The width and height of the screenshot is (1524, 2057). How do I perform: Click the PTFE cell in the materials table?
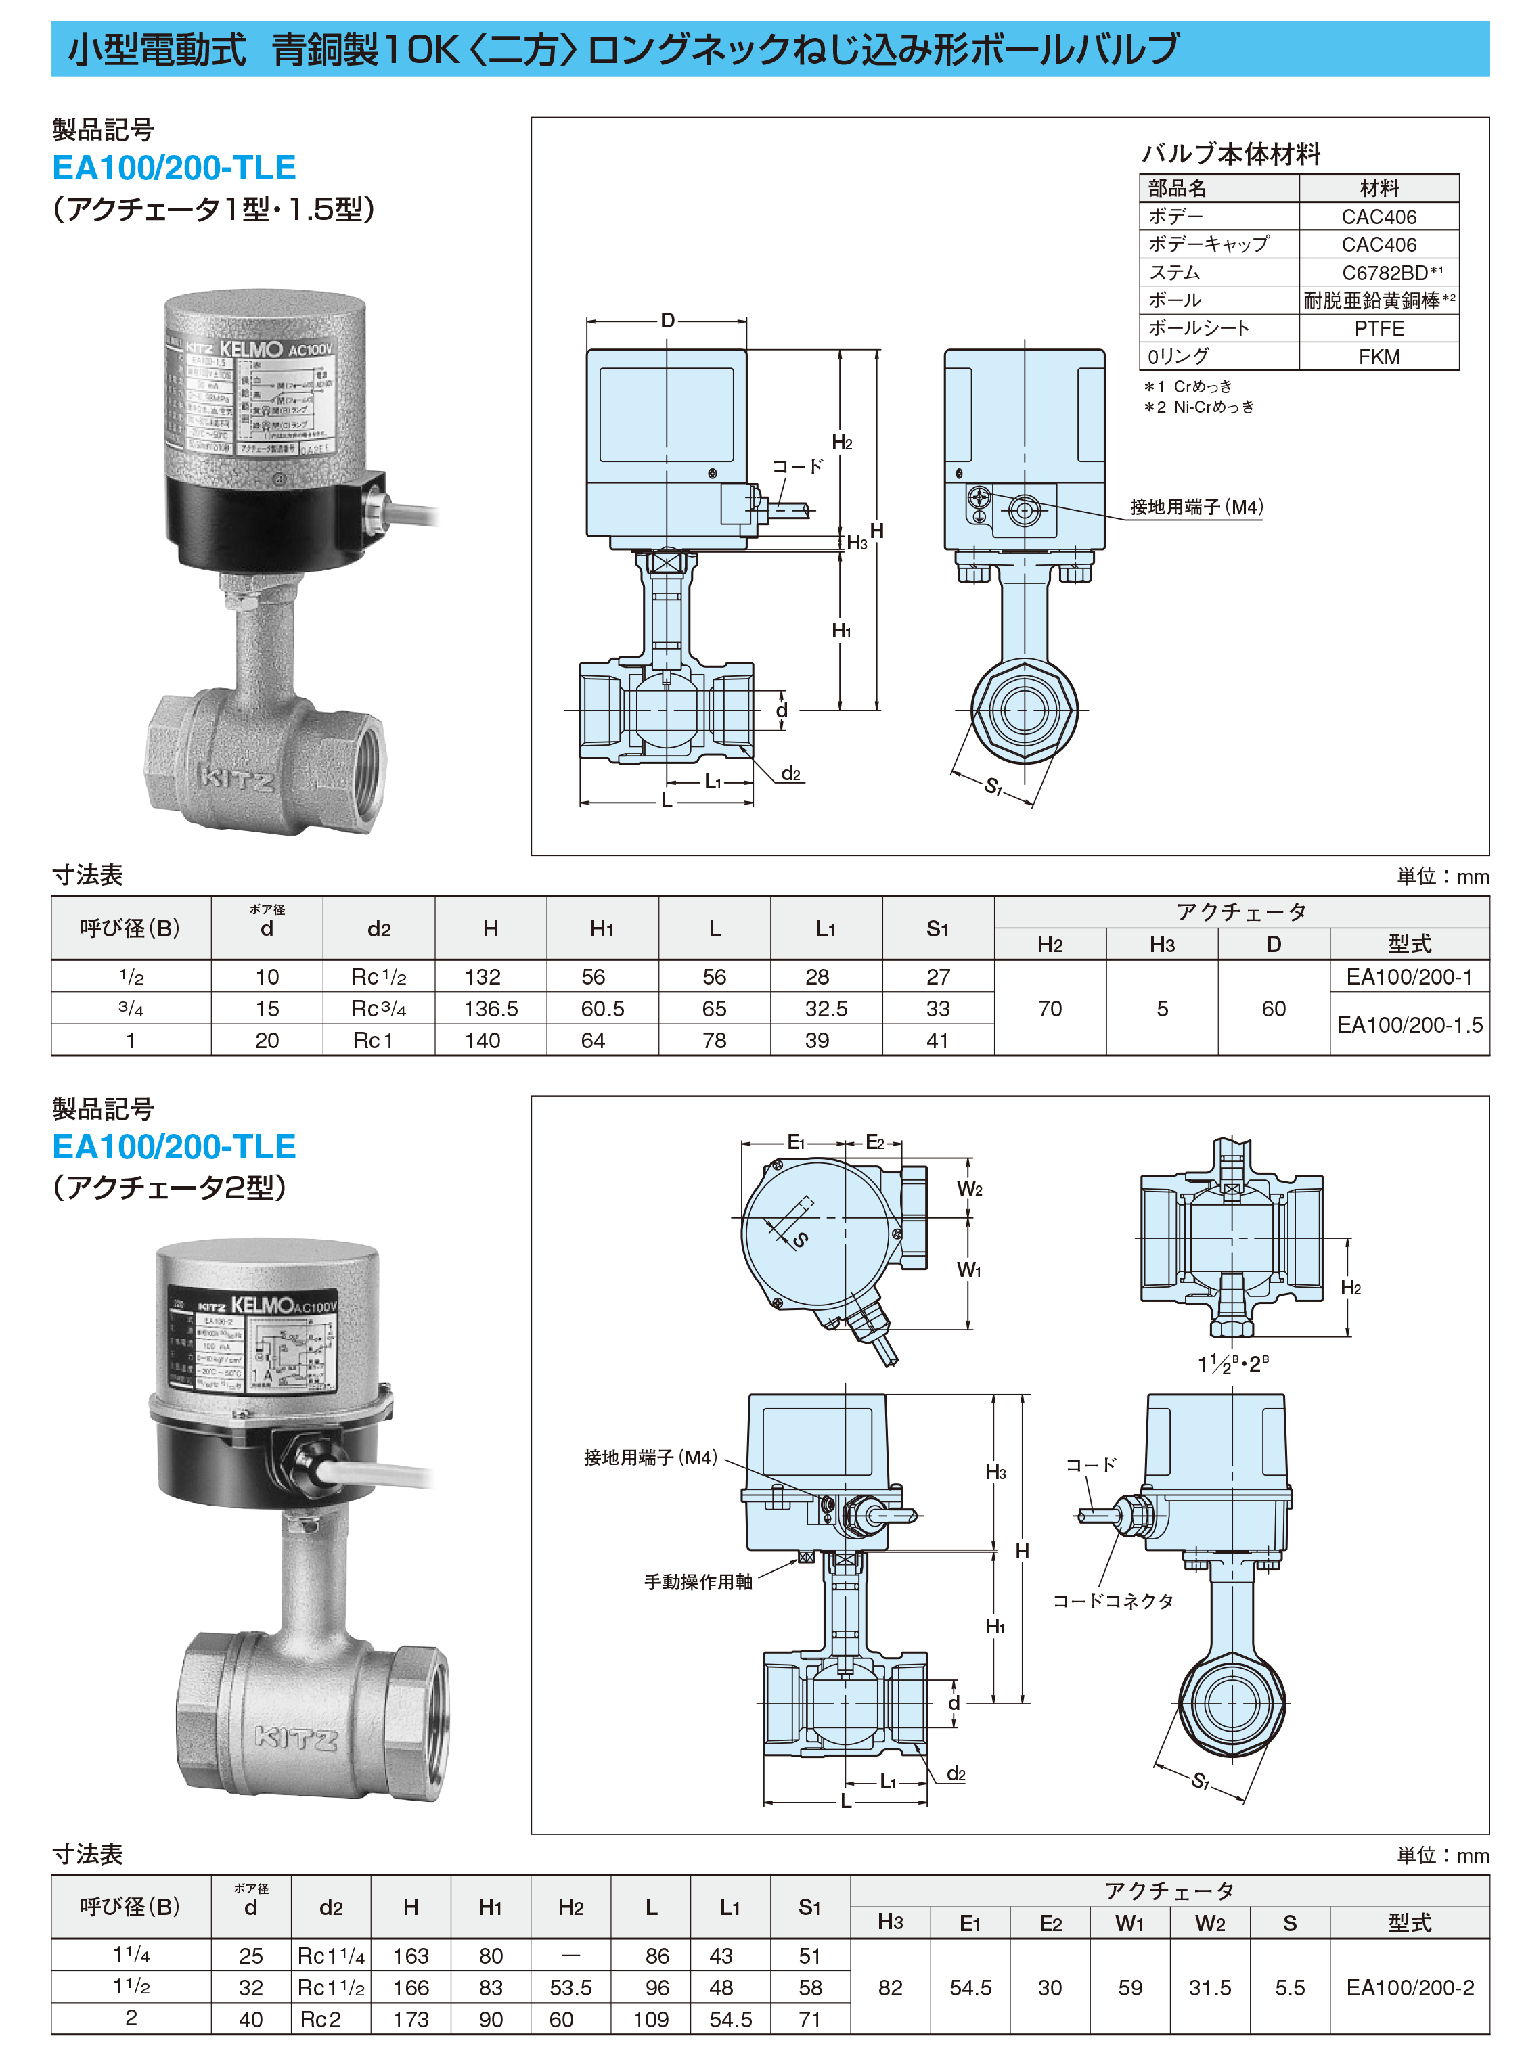point(1379,328)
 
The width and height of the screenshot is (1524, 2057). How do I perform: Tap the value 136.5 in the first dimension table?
point(491,1009)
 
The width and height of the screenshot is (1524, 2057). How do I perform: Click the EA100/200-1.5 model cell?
point(1410,1025)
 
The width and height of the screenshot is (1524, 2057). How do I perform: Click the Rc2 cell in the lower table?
point(320,2019)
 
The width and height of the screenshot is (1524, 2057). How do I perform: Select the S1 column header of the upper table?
point(937,929)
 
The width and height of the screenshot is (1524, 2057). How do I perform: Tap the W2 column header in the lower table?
point(1209,1923)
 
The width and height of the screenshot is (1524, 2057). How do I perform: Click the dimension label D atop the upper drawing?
point(667,320)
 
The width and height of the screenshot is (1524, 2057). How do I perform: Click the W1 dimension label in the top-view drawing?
point(968,1270)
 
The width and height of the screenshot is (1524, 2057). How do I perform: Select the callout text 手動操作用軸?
point(698,1582)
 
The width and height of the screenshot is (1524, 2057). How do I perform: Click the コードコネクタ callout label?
point(1113,1602)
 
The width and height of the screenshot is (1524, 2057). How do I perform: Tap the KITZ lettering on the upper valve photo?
point(237,780)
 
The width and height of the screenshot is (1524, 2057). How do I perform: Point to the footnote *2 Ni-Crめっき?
point(1199,407)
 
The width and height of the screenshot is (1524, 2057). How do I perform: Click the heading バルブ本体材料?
point(1231,154)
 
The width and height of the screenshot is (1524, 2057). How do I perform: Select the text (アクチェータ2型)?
point(170,1187)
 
